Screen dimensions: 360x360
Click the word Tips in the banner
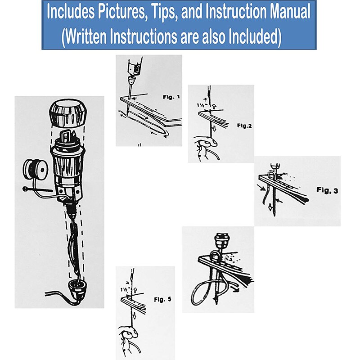coord(164,12)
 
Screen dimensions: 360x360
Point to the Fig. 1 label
coord(171,97)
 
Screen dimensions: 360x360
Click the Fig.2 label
coord(244,126)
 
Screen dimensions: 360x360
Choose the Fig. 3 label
coord(327,190)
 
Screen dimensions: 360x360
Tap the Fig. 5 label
coord(162,299)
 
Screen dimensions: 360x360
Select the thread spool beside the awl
coord(36,170)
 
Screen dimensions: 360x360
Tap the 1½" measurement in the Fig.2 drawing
coord(202,105)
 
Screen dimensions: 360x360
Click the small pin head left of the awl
coord(25,189)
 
